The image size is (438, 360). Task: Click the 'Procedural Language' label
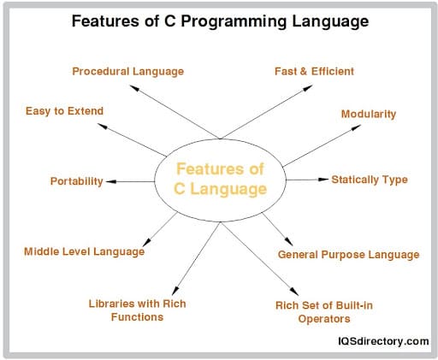point(127,70)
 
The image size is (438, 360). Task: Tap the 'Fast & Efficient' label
point(314,70)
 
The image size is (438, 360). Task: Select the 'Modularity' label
point(369,114)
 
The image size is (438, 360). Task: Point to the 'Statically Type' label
point(370,180)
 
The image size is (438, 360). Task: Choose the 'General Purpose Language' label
point(349,254)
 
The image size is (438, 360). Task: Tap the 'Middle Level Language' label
point(84,251)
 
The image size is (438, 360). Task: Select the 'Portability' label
point(77,181)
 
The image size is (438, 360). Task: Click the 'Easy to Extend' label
point(65,111)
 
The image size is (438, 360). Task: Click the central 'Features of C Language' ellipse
point(220,179)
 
